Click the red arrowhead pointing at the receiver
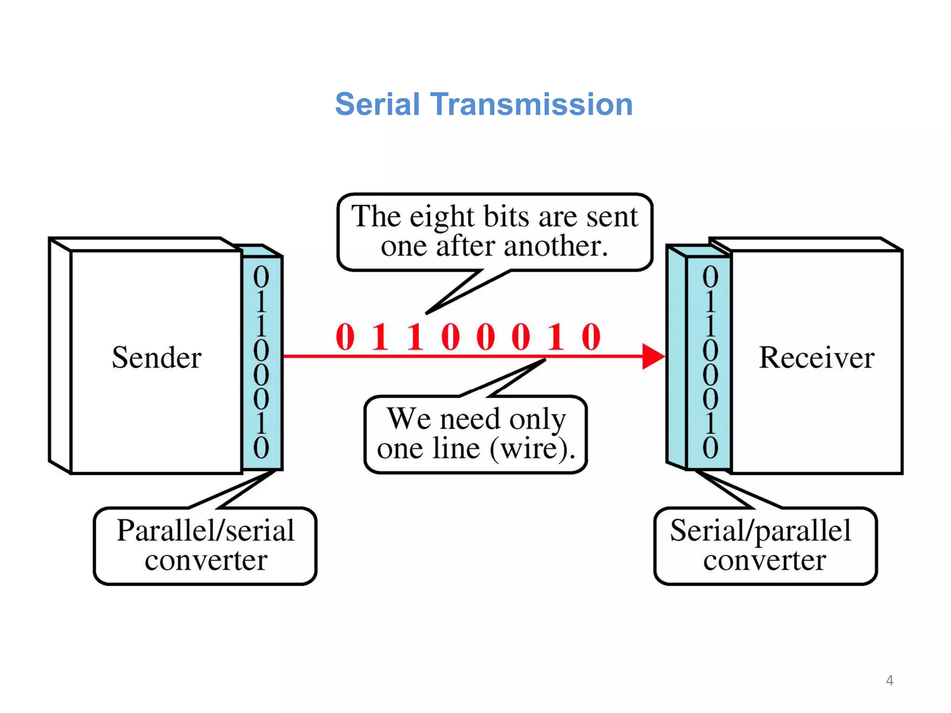click(652, 356)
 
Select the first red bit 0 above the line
click(345, 337)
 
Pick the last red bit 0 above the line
click(591, 337)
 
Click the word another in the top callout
click(555, 246)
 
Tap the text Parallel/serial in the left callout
click(205, 531)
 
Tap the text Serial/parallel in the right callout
click(760, 531)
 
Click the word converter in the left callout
click(206, 560)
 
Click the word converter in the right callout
click(764, 560)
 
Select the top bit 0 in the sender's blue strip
click(261, 277)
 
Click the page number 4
click(889, 681)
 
